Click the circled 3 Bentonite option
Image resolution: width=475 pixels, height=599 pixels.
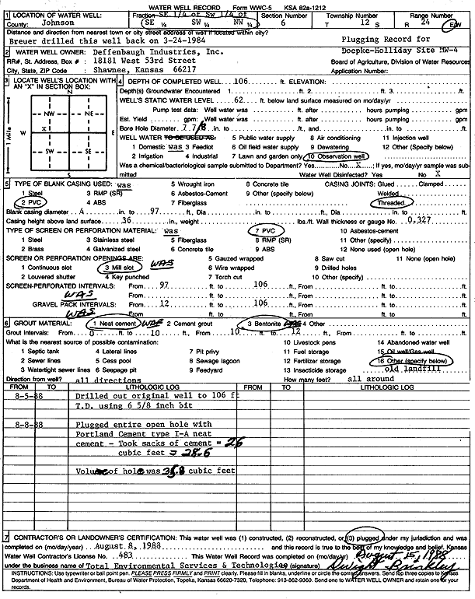(x=263, y=324)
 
